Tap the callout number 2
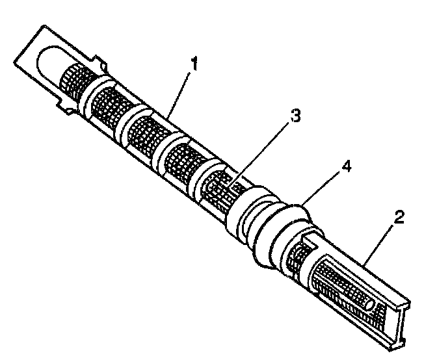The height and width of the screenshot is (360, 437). click(398, 217)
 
